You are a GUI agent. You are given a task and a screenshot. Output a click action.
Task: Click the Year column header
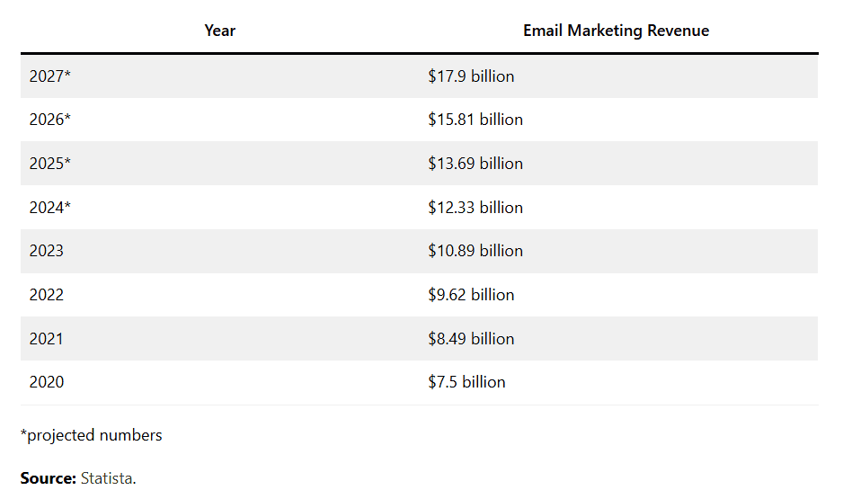click(x=219, y=31)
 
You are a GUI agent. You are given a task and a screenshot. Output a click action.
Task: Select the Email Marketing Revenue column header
click(x=616, y=31)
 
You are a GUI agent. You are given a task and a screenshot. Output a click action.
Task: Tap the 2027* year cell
click(x=49, y=76)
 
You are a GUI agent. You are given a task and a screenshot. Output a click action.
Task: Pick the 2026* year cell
click(x=49, y=120)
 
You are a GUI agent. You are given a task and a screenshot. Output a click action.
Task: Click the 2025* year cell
click(x=49, y=164)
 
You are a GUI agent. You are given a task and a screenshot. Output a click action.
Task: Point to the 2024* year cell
click(x=49, y=208)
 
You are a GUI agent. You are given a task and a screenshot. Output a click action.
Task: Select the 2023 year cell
click(x=47, y=251)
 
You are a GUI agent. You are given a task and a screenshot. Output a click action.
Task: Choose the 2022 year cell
click(x=47, y=295)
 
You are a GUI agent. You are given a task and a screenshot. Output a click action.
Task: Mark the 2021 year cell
click(x=47, y=339)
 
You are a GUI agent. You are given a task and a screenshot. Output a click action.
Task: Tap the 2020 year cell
click(x=47, y=382)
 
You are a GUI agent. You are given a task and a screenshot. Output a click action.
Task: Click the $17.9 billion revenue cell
click(x=471, y=76)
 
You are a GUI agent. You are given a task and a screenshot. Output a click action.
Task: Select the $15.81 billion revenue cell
click(x=475, y=120)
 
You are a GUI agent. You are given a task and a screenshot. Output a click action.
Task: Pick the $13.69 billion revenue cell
click(x=475, y=164)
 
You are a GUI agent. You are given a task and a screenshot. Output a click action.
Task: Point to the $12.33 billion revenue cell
click(x=475, y=208)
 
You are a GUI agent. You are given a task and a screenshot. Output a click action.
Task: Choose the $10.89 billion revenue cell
click(x=475, y=251)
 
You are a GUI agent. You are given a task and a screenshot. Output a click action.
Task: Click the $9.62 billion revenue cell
click(x=471, y=295)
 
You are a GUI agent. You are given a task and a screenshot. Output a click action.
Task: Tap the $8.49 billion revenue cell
click(x=471, y=339)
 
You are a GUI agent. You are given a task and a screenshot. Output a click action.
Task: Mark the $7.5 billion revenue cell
click(x=466, y=382)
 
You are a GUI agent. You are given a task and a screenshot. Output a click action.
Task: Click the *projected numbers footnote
click(x=92, y=435)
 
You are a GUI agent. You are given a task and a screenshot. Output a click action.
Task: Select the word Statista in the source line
click(x=107, y=478)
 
